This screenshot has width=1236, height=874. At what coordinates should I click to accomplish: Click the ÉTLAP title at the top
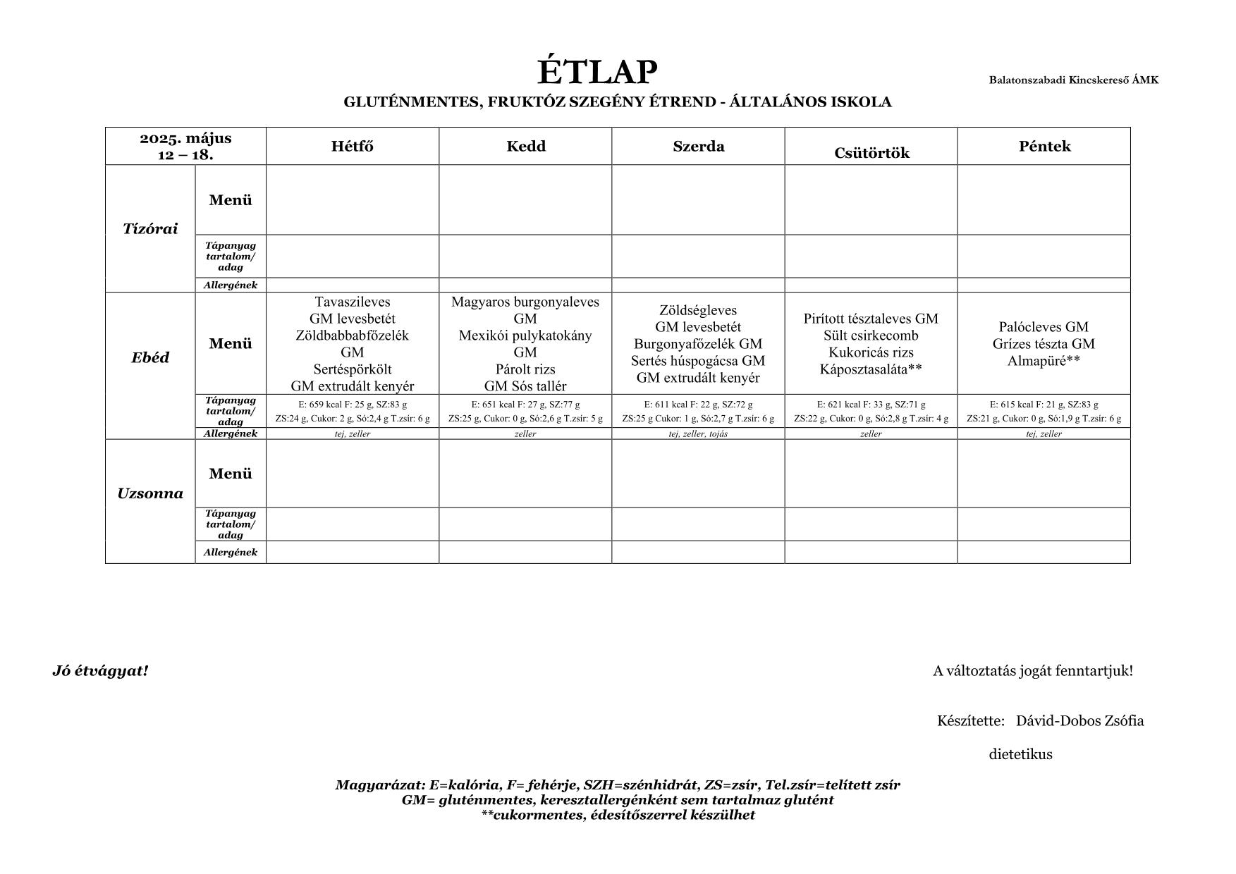tap(597, 72)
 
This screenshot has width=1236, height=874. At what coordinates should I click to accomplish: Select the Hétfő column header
tap(352, 147)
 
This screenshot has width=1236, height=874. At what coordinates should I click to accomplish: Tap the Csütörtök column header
tap(871, 153)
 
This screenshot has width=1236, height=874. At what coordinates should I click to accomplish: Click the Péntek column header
tap(1044, 147)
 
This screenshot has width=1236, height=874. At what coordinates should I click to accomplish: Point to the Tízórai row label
tap(150, 228)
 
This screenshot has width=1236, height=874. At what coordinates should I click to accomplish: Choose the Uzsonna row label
tap(150, 493)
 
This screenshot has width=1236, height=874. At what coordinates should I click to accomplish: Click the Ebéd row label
tap(150, 357)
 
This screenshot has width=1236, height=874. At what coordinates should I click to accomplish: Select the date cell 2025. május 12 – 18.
tap(185, 147)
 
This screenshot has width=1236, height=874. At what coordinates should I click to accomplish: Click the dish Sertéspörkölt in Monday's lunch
tap(352, 369)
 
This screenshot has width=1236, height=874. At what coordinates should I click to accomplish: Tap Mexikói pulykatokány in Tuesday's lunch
tap(525, 336)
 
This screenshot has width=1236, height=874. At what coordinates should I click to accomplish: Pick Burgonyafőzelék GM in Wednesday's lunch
tap(698, 344)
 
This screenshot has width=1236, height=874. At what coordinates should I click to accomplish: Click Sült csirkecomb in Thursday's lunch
tap(871, 336)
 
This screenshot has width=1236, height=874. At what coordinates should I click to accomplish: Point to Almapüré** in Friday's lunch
tap(1044, 361)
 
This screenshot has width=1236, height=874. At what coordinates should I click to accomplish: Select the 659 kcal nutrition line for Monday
tap(352, 405)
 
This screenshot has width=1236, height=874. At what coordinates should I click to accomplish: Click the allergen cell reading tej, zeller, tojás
tap(698, 434)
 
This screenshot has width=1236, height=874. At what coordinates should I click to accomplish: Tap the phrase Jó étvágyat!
tap(100, 671)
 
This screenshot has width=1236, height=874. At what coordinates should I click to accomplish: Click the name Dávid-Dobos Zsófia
tap(1079, 721)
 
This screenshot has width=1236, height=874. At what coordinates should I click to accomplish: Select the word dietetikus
tap(1020, 755)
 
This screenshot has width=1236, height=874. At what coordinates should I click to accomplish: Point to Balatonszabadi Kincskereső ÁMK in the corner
tap(1073, 80)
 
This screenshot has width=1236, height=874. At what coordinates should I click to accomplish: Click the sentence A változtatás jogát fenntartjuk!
tap(1033, 671)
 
